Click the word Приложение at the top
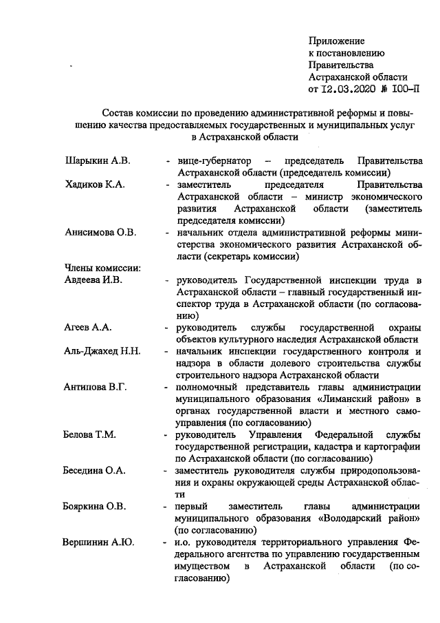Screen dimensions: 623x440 point(337,42)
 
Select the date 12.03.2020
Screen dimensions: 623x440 point(354,89)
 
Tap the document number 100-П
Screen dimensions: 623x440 point(404,89)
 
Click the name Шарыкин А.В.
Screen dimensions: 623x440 point(97,161)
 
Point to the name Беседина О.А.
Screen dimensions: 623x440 point(95,470)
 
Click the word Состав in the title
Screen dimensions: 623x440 point(119,113)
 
